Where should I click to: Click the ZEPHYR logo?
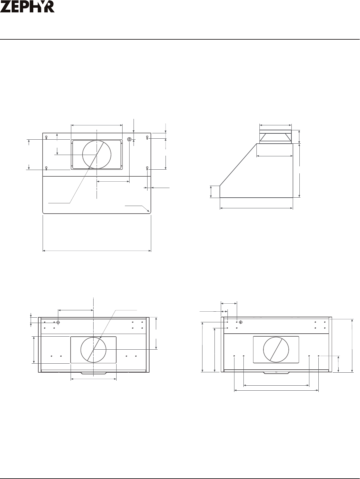click(x=27, y=7)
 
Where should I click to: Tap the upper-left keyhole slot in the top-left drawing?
click(x=46, y=137)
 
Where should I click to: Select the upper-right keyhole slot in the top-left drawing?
click(x=147, y=137)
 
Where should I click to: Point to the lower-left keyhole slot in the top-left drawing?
click(x=46, y=168)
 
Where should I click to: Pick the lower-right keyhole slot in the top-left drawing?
click(x=147, y=168)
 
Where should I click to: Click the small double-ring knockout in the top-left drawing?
click(x=129, y=139)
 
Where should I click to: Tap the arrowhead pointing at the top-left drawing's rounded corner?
click(x=149, y=211)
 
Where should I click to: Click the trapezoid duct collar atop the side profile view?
click(x=275, y=138)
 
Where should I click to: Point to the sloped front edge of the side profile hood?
click(x=238, y=165)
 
